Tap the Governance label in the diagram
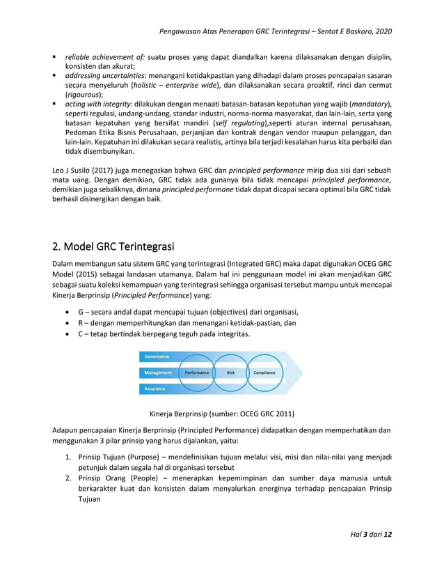(x=157, y=356)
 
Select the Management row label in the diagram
(x=158, y=372)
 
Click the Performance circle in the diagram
(x=197, y=372)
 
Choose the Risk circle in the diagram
(x=231, y=372)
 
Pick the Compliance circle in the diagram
(x=264, y=372)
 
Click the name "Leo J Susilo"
(x=74, y=170)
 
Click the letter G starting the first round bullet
(x=81, y=310)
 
